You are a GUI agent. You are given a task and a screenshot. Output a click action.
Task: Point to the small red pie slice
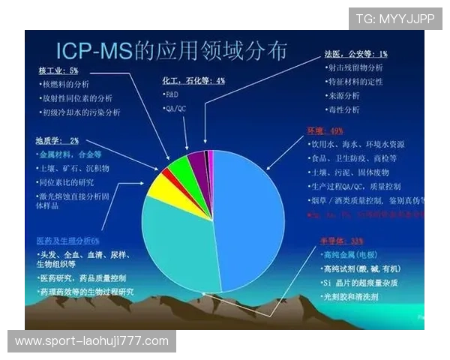[x=166, y=175]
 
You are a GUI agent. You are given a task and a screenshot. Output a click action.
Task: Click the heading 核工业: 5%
[x=58, y=70]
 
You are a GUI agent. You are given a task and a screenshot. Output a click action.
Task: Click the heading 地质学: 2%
[x=56, y=140]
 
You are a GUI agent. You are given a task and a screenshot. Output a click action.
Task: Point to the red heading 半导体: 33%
[x=341, y=241]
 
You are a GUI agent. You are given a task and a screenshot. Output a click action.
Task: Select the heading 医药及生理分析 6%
[x=67, y=240]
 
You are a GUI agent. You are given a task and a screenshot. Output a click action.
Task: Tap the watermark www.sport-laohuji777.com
[x=92, y=341]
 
